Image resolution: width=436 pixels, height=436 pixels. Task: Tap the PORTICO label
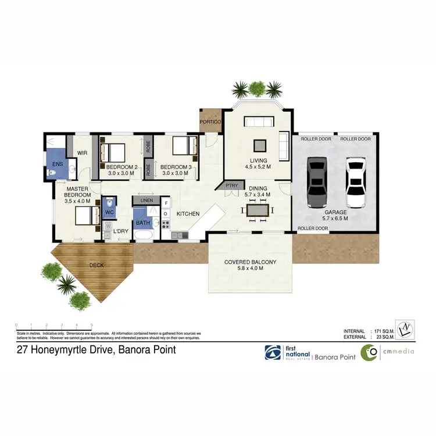[x=209, y=123]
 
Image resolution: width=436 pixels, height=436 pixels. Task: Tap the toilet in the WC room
[x=110, y=203]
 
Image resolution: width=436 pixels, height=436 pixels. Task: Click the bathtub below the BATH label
[x=143, y=235]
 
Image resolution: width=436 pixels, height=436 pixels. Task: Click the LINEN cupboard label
[x=146, y=201]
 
